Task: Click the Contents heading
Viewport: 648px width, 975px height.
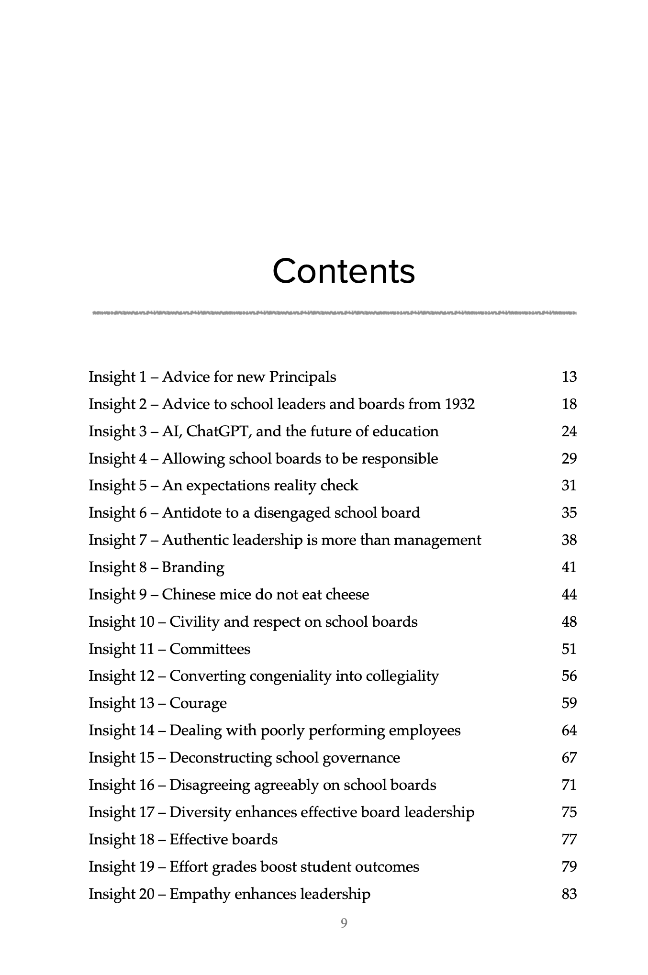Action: click(343, 271)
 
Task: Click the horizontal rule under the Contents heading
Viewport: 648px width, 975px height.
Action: click(335, 313)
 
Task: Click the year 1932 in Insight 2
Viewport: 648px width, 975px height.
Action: click(459, 404)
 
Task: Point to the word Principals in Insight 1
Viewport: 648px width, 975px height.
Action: click(302, 377)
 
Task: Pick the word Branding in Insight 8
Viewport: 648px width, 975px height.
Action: click(193, 567)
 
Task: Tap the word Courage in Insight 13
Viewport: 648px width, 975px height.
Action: click(198, 703)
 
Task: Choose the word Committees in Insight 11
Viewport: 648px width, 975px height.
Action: click(210, 649)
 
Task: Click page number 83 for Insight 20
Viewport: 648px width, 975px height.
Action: click(569, 894)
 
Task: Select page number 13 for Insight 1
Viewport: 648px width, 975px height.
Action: click(569, 377)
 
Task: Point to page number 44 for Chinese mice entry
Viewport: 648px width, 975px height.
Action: click(569, 595)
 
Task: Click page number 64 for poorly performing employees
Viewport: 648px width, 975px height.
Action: click(569, 731)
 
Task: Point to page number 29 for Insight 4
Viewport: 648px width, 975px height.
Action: click(569, 459)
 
